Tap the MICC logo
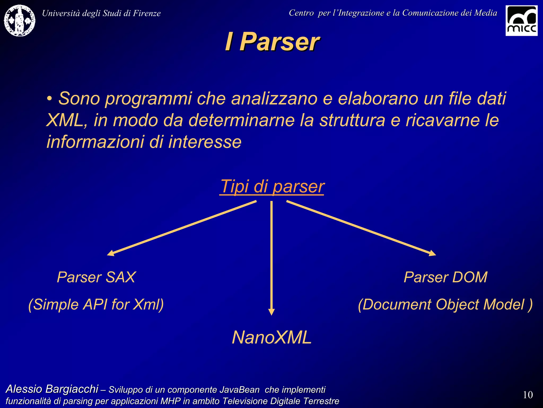[521, 21]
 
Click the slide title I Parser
[272, 42]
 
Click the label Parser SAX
[96, 277]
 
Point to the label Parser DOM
[445, 277]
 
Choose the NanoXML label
[272, 337]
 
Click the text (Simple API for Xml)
[96, 304]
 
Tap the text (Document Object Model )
[445, 304]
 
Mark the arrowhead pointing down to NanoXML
[271, 312]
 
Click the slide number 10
[528, 395]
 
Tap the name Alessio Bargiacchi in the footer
[52, 389]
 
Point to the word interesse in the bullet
[205, 142]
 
